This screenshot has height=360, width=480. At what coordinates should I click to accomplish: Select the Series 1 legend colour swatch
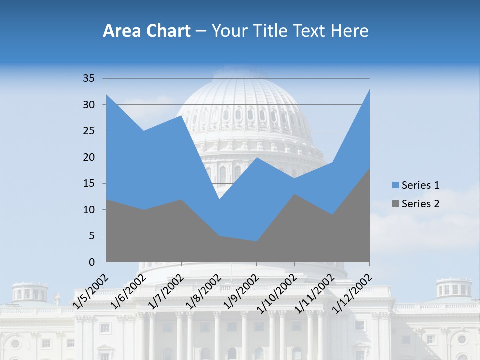pyautogui.click(x=396, y=186)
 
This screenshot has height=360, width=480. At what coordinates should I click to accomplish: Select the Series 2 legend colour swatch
pyautogui.click(x=396, y=204)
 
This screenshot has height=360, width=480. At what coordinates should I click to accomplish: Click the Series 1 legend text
pyautogui.click(x=420, y=186)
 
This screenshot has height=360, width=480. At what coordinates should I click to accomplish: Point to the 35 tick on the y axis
pyautogui.click(x=89, y=78)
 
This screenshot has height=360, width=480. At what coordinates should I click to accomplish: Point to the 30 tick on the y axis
pyautogui.click(x=89, y=105)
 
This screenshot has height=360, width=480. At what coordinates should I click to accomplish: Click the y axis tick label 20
pyautogui.click(x=89, y=157)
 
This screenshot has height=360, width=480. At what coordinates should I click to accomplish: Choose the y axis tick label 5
pyautogui.click(x=92, y=236)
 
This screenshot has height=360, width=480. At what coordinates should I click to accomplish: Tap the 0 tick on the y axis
pyautogui.click(x=92, y=262)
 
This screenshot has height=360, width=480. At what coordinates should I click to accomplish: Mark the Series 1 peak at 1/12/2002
pyautogui.click(x=369, y=89)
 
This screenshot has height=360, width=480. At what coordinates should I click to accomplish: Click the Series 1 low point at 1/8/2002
pyautogui.click(x=219, y=199)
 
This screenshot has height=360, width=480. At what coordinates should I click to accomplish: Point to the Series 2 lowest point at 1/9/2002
pyautogui.click(x=256, y=241)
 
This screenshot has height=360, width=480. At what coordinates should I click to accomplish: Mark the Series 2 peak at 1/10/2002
pyautogui.click(x=294, y=194)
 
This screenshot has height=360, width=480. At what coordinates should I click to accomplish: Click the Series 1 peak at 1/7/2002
pyautogui.click(x=181, y=115)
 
